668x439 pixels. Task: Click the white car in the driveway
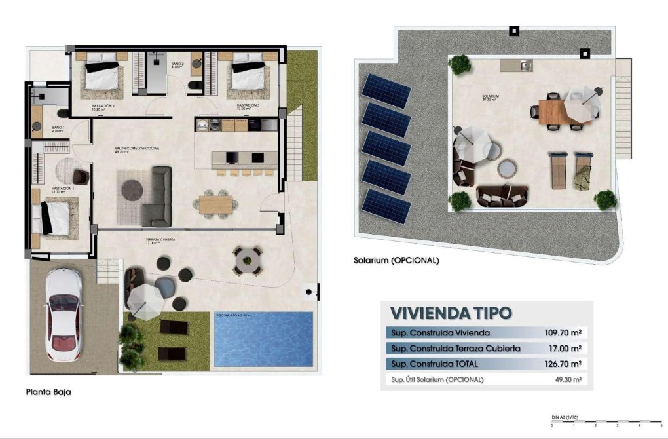63,315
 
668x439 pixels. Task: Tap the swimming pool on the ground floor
263,339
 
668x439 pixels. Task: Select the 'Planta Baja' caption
48,392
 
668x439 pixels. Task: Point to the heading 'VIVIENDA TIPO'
451,313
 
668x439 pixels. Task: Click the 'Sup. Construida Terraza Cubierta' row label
455,348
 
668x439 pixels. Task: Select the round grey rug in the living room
133,189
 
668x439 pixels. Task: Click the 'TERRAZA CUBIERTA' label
162,240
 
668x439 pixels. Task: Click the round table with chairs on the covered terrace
248,260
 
